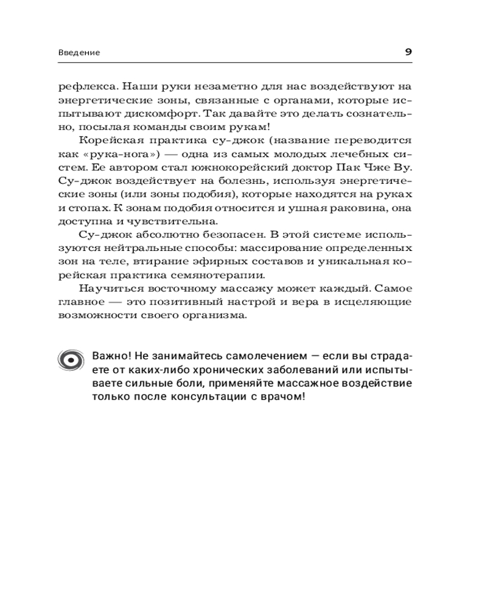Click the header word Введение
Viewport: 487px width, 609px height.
(x=79, y=52)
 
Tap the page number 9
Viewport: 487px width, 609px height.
(x=408, y=52)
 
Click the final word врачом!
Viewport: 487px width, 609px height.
(x=280, y=396)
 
